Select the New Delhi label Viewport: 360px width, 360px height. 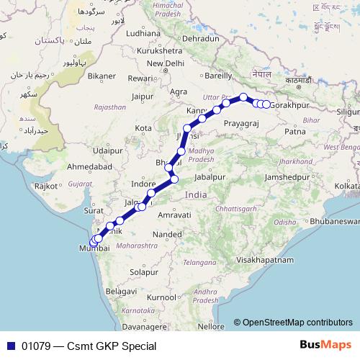click(165, 63)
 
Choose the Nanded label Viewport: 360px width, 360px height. click(168, 235)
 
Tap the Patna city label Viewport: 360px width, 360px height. click(296, 132)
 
